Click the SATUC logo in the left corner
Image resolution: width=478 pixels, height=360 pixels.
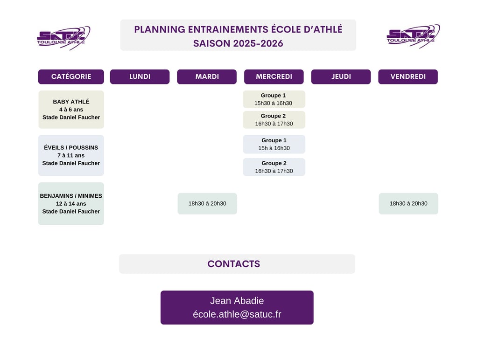click(63, 37)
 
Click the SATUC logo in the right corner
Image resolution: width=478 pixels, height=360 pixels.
click(413, 36)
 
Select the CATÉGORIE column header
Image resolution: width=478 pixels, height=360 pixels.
click(71, 76)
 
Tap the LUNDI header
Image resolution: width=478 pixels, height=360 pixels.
click(140, 76)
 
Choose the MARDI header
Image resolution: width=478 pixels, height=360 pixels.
click(207, 76)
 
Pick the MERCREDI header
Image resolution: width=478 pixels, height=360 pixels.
click(274, 76)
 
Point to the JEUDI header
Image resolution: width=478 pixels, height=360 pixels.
click(341, 76)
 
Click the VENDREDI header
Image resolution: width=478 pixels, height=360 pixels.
click(408, 76)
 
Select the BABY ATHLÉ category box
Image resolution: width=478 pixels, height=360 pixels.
click(71, 110)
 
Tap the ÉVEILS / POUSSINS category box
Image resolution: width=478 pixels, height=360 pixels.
click(71, 155)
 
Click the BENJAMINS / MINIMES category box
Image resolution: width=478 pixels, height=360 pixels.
click(71, 204)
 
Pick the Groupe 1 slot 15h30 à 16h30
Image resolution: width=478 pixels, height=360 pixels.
click(274, 99)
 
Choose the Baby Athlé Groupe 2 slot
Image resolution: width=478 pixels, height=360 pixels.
click(274, 120)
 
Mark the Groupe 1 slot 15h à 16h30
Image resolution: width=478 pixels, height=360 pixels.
click(274, 144)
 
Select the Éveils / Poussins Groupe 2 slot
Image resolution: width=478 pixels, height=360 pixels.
click(274, 167)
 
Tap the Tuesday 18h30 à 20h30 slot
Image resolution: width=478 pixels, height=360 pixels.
click(207, 204)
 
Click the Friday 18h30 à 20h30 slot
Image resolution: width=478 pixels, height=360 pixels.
click(408, 204)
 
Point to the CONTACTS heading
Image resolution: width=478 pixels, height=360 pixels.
click(234, 264)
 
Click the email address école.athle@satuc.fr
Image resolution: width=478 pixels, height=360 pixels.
click(237, 314)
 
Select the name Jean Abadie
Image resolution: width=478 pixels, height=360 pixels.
click(237, 301)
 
